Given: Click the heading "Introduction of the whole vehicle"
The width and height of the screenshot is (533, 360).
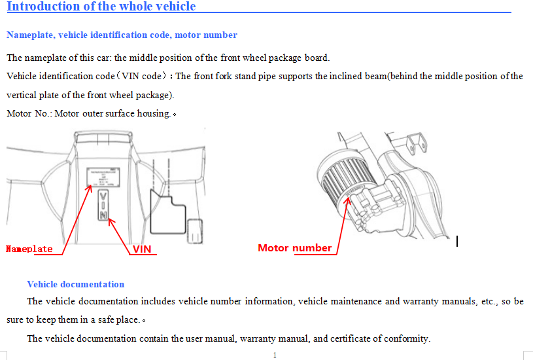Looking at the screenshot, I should point(101,7).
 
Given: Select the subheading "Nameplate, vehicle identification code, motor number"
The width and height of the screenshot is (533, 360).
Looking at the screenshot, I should point(122,35).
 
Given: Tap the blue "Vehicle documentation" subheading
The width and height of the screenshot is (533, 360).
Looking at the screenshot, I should point(75,284).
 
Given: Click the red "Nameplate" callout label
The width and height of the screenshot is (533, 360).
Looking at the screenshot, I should point(29,249).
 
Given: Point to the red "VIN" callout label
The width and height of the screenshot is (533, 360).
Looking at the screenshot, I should point(142,249).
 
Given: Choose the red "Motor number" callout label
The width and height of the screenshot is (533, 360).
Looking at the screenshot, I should point(295,247).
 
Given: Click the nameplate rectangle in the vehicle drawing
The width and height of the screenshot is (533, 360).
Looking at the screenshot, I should point(103,175).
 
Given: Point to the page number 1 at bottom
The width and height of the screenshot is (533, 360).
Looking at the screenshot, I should point(275,355).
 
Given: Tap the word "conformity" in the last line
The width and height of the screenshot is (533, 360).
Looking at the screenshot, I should point(407,338).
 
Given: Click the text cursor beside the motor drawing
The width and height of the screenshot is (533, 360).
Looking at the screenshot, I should point(456,242).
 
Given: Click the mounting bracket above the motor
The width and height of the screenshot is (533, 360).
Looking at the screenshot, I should point(413,143).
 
